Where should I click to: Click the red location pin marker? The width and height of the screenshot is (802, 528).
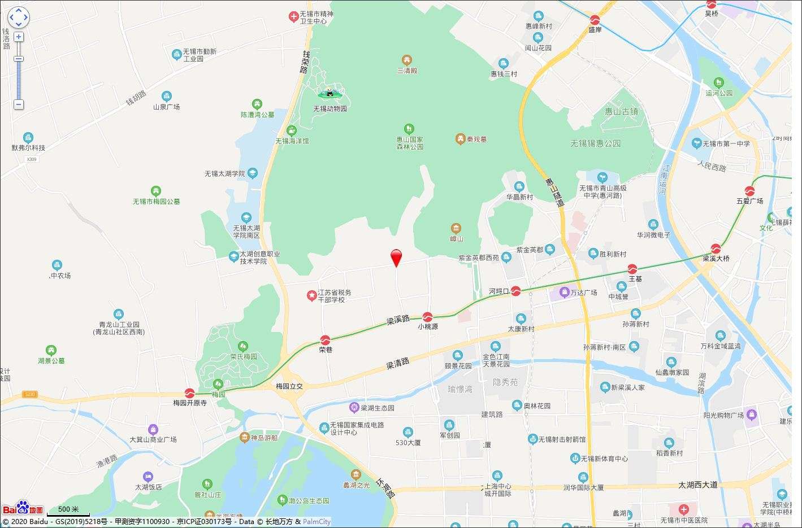tap(397, 257)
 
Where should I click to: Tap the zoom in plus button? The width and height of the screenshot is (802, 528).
tap(19, 37)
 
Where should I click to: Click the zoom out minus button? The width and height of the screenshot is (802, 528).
tap(19, 104)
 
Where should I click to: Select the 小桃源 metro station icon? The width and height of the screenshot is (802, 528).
tap(428, 317)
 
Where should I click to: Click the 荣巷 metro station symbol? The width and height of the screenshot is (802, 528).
tap(326, 340)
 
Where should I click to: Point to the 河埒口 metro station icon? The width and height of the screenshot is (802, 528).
tap(515, 291)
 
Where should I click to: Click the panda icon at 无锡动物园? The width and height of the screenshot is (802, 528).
tap(330, 93)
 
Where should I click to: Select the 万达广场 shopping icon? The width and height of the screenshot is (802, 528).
tap(564, 292)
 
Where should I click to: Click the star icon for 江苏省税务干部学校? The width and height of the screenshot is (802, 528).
tap(311, 295)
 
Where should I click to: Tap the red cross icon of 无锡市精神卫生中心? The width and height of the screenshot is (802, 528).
tap(293, 17)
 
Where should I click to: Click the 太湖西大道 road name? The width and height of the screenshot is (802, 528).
tap(697, 485)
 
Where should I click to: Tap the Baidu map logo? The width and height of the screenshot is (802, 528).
tap(23, 508)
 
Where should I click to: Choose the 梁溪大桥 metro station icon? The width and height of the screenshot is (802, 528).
tap(716, 248)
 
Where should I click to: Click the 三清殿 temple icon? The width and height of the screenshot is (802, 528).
tap(406, 60)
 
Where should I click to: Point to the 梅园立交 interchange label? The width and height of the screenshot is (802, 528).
tap(289, 386)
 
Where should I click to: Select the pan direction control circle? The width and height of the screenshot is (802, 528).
tap(19, 17)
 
